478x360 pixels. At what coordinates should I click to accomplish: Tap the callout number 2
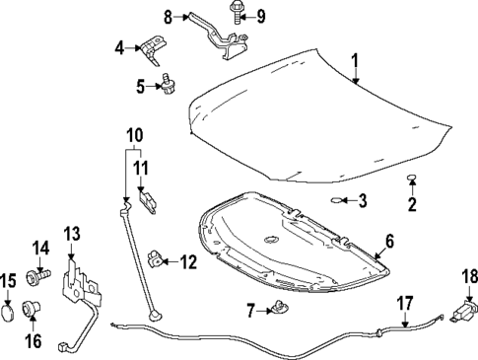click(x=412, y=204)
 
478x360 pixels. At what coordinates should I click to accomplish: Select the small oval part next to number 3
click(x=338, y=201)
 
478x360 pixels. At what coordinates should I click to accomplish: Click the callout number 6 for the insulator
click(x=389, y=241)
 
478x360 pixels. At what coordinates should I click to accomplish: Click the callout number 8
click(x=168, y=16)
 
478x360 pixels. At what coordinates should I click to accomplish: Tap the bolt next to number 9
click(x=238, y=15)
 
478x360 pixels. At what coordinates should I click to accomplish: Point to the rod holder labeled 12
click(x=156, y=260)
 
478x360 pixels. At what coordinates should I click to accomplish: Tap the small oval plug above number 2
click(x=412, y=180)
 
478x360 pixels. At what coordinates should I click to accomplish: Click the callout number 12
click(x=187, y=261)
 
